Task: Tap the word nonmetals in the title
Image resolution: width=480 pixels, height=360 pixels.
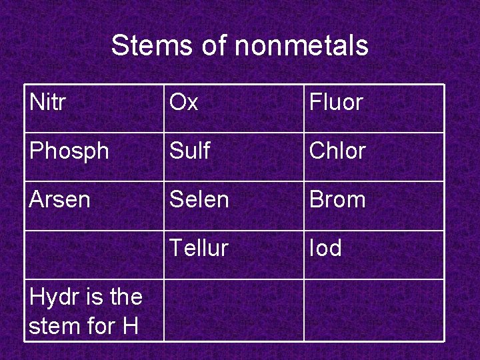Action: pos(301,46)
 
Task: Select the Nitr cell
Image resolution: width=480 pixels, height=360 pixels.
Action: pos(48,103)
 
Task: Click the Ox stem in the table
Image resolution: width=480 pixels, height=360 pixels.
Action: pos(183,103)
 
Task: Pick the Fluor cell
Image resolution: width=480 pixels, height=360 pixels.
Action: pos(335,103)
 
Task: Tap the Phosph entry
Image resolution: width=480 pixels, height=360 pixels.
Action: pos(69,151)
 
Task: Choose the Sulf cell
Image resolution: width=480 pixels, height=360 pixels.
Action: pos(190,151)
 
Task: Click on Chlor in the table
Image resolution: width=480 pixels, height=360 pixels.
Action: pos(337,151)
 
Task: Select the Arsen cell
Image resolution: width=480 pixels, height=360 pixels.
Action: pos(60,199)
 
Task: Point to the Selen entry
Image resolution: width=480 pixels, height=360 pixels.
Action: pos(199,199)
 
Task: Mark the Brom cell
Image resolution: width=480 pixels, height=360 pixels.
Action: pos(337,199)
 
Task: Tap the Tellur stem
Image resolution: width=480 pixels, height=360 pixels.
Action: pos(199,248)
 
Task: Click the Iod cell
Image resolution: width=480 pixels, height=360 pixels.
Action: pos(325,248)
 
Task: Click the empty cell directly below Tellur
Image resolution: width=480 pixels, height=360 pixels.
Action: pos(234,310)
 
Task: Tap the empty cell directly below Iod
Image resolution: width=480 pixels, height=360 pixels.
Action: pos(373,310)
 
